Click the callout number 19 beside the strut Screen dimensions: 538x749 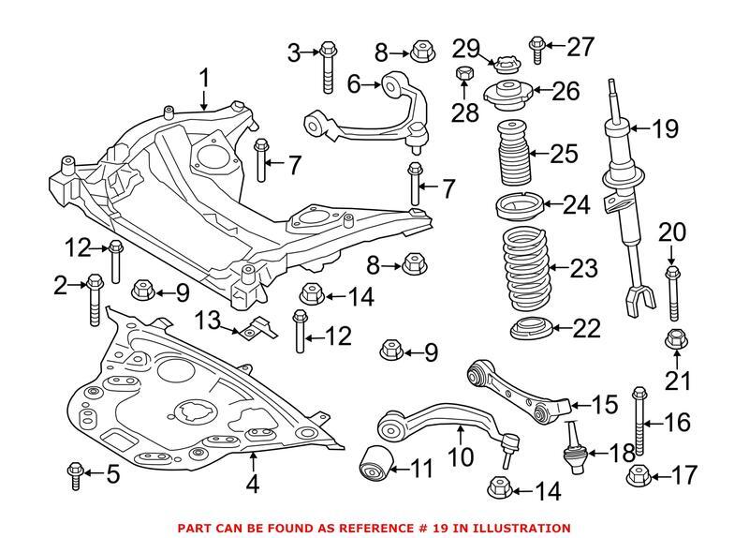point(665,129)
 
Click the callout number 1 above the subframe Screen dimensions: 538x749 point(204,77)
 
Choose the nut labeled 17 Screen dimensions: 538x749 point(639,475)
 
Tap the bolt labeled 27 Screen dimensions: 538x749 point(536,50)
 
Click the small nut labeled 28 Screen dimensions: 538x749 point(462,74)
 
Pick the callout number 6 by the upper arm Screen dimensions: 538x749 point(354,85)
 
